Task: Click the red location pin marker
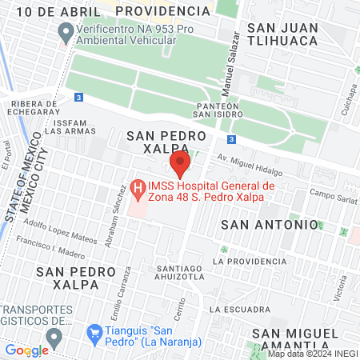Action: tap(181, 166)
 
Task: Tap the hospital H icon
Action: tap(138, 190)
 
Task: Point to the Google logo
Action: tap(26, 350)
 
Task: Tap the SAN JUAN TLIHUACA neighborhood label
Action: tap(285, 35)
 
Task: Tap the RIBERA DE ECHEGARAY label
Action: tap(33, 107)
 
